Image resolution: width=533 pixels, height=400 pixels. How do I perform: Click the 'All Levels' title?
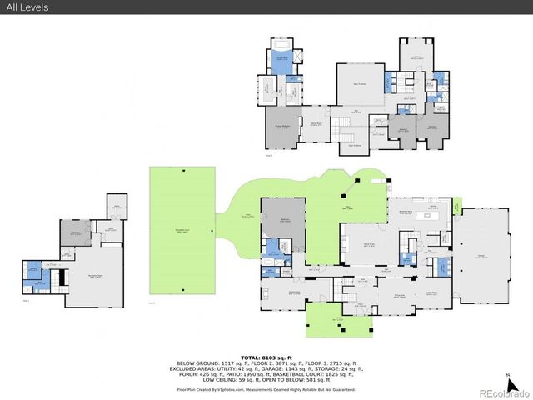tap(25, 7)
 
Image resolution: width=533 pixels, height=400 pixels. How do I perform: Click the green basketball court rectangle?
tap(182, 229)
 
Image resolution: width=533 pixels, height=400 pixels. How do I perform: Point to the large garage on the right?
tap(481, 257)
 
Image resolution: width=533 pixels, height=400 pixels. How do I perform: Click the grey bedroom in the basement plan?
tap(74, 235)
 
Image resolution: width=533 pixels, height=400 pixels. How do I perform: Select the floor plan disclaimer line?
tap(266, 389)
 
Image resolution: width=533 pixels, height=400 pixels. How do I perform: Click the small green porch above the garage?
tap(457, 205)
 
